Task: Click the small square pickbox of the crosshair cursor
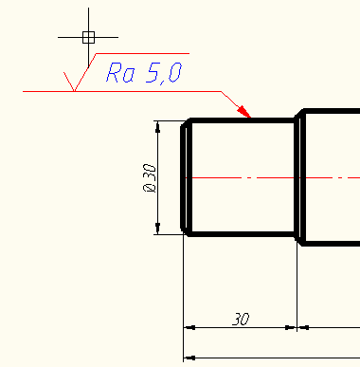pos(88,37)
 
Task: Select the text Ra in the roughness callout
pos(119,73)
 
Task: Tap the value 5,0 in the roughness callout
pos(161,73)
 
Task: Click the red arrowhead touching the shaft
pos(246,114)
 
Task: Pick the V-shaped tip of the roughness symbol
pos(74,91)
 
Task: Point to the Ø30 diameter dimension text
pos(149,177)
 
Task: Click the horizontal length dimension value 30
pos(240,320)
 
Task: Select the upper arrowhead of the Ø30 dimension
pos(159,126)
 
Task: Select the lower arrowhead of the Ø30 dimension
pos(159,228)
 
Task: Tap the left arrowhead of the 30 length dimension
pos(189,327)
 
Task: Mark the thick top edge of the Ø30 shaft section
pos(242,120)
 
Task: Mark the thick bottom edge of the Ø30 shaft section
pos(242,234)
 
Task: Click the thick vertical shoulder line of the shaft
pos(297,177)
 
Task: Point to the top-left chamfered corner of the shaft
pos(186,123)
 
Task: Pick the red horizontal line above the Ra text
pos(142,54)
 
